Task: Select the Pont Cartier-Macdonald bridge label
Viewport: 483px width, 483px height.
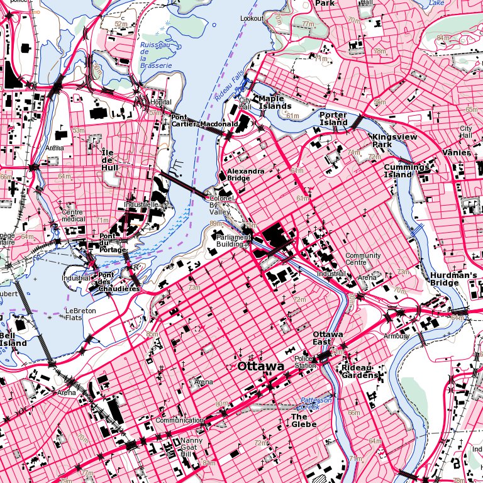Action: point(204,121)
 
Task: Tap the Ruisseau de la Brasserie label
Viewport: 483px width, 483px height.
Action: point(156,55)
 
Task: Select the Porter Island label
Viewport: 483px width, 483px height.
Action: point(333,119)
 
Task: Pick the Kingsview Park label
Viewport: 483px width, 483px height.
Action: point(391,140)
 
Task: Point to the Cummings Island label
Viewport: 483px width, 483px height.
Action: point(406,170)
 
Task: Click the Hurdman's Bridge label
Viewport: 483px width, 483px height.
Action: point(454,279)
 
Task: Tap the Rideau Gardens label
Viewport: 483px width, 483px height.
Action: point(360,371)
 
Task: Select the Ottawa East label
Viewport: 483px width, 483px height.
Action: point(327,338)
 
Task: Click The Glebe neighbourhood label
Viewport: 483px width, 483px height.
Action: point(299,420)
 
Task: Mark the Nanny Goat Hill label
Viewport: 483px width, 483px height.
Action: point(189,447)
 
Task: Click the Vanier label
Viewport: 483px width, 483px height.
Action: point(456,153)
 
